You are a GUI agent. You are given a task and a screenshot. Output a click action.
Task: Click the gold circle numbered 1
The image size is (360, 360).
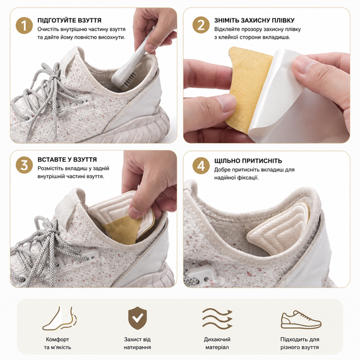[x=24, y=25]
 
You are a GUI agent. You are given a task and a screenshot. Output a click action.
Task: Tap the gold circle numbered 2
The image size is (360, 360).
[x=201, y=25]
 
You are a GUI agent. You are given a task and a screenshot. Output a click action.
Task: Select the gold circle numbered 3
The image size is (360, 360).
[x=24, y=165]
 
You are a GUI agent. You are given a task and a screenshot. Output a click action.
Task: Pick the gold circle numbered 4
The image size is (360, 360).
[x=201, y=165]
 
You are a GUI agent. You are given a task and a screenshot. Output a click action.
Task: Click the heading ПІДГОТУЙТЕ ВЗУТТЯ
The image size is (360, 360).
[x=69, y=20]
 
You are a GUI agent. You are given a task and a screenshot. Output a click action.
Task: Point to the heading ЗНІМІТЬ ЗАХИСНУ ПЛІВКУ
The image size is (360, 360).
[x=255, y=20]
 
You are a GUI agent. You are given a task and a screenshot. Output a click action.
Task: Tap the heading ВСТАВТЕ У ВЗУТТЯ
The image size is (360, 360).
[x=67, y=160]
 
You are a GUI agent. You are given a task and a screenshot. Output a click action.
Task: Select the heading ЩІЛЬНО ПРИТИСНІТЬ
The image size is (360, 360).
[x=248, y=160]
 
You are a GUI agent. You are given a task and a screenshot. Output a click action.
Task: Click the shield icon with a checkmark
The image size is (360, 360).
[x=138, y=318]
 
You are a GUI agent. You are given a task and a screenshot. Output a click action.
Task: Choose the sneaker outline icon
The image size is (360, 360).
[x=301, y=320]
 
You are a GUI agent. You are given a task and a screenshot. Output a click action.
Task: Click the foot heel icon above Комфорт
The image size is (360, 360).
[x=60, y=318]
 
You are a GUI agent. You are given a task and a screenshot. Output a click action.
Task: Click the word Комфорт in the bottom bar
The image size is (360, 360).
[x=57, y=339]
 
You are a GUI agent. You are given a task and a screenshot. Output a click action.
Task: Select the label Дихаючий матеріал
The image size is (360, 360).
[x=217, y=343]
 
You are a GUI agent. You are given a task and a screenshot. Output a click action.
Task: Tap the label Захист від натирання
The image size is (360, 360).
[x=138, y=343]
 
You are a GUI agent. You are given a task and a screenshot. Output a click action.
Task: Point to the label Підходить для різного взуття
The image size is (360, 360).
[x=299, y=343]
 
